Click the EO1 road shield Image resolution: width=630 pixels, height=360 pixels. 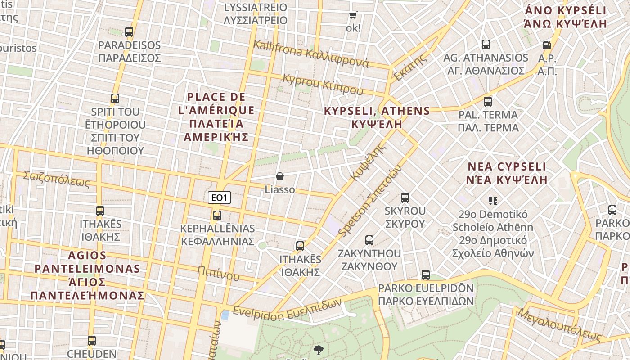pyautogui.click(x=220, y=198)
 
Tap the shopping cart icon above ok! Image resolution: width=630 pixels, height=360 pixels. pyautogui.click(x=353, y=15)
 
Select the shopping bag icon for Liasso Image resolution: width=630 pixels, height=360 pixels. pyautogui.click(x=280, y=176)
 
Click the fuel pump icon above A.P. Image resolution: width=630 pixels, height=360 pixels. pyautogui.click(x=547, y=45)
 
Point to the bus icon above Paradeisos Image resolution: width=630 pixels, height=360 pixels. pyautogui.click(x=129, y=32)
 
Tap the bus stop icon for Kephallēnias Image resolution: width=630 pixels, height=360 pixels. pyautogui.click(x=217, y=215)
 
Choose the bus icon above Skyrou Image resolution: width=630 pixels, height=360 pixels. pyautogui.click(x=405, y=198)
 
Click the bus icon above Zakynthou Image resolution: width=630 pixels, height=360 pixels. pyautogui.click(x=369, y=240)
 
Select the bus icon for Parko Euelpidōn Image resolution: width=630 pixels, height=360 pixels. pyautogui.click(x=426, y=274)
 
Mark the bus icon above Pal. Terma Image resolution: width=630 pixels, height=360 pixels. pyautogui.click(x=488, y=101)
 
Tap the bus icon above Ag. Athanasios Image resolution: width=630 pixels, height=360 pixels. pyautogui.click(x=486, y=45)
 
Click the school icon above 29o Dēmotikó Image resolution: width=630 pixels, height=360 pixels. pyautogui.click(x=493, y=201)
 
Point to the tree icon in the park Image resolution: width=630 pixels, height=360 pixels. pyautogui.click(x=319, y=350)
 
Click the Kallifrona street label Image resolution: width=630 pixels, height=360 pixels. pyautogui.click(x=311, y=54)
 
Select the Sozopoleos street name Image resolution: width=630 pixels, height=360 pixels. pyautogui.click(x=57, y=179)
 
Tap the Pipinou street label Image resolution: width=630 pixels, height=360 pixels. pyautogui.click(x=218, y=273)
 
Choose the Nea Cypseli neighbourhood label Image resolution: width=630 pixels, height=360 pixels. pyautogui.click(x=507, y=173)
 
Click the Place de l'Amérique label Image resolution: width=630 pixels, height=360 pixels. pyautogui.click(x=216, y=117)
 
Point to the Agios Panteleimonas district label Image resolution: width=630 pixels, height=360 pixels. pyautogui.click(x=87, y=275)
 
